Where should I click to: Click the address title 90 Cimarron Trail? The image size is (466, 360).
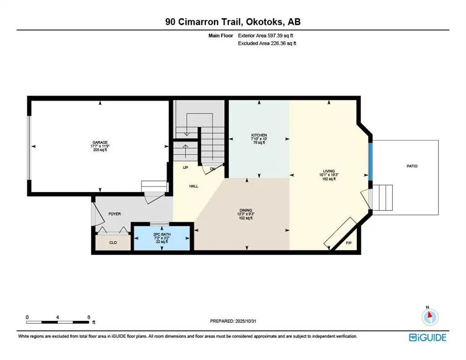pyautogui.click(x=233, y=22)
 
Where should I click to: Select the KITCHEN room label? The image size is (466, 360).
pyautogui.click(x=258, y=135)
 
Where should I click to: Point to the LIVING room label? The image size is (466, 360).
pyautogui.click(x=328, y=171)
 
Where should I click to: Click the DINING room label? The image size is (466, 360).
pyautogui.click(x=246, y=210)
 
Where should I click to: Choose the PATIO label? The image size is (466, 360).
pyautogui.click(x=412, y=166)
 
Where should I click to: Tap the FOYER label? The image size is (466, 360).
pyautogui.click(x=114, y=214)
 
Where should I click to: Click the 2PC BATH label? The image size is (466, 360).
pyautogui.click(x=162, y=233)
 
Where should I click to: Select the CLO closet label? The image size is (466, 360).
pyautogui.click(x=113, y=242)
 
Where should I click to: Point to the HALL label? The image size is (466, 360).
pyautogui.click(x=194, y=186)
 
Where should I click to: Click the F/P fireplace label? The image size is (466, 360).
pyautogui.click(x=348, y=243)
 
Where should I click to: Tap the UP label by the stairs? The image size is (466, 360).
pyautogui.click(x=179, y=167)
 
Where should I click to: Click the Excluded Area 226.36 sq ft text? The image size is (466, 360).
pyautogui.click(x=267, y=43)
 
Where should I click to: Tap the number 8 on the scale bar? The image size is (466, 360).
pyautogui.click(x=89, y=317)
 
